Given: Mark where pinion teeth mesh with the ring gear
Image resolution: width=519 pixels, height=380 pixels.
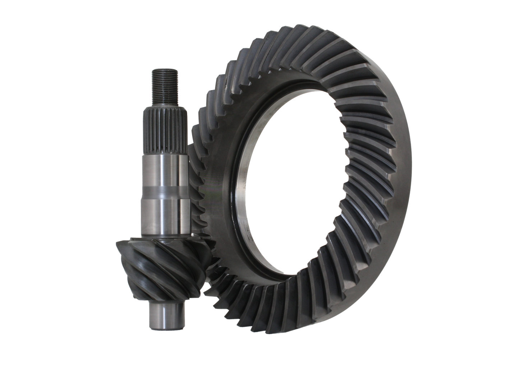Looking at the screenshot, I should [x=207, y=266].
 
